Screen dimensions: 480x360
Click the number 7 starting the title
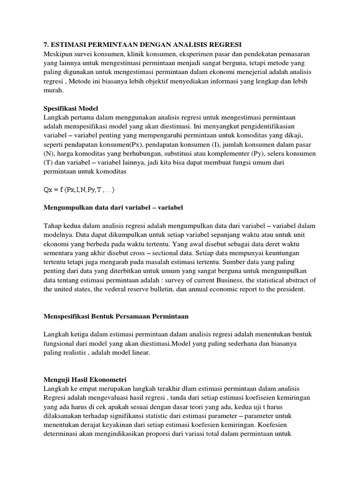tap(46, 45)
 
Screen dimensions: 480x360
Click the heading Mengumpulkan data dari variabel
tap(113, 207)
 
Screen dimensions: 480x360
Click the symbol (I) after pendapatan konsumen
tap(207, 144)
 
